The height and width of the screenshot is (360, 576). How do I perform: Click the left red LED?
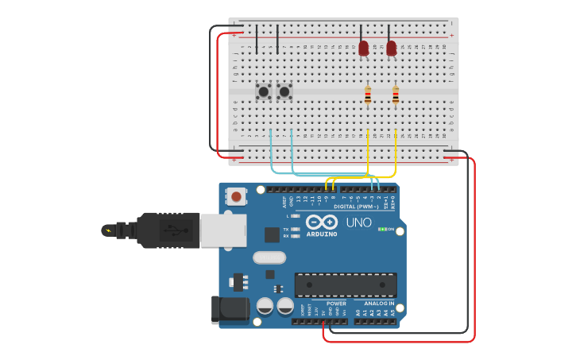tap(363, 48)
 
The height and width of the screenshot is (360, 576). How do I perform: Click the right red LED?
tap(391, 48)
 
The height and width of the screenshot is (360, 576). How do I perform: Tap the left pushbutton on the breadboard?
tap(263, 92)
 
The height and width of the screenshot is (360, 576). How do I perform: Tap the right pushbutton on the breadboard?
tap(284, 92)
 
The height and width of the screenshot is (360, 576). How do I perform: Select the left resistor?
tap(367, 97)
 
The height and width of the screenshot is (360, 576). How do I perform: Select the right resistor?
tap(395, 97)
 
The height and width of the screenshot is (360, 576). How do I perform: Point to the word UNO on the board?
tap(358, 223)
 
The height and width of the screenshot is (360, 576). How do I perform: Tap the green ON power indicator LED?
tap(382, 229)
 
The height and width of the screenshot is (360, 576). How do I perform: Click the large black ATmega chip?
tap(346, 285)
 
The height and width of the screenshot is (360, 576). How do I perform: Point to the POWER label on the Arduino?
tap(336, 304)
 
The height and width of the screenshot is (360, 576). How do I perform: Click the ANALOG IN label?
tap(379, 304)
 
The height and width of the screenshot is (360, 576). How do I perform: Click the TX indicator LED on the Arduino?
tap(296, 229)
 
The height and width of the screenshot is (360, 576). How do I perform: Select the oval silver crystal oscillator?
tap(269, 257)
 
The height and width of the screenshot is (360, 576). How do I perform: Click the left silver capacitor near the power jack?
tap(265, 306)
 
